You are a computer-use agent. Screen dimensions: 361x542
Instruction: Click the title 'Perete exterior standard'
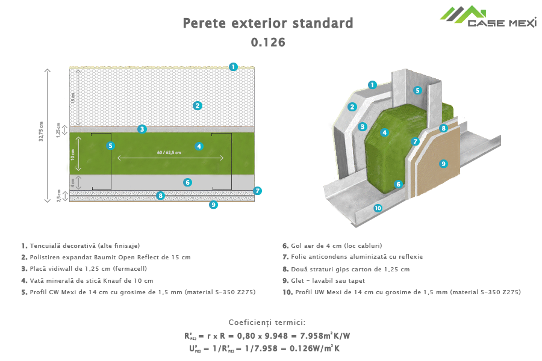click(x=267, y=24)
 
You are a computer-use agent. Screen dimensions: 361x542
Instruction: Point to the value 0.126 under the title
click(x=267, y=42)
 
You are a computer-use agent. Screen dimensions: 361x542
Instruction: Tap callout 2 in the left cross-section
click(x=197, y=105)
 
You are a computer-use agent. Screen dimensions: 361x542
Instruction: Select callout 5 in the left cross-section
click(x=110, y=146)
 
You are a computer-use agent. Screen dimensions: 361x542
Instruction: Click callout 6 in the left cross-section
click(x=187, y=182)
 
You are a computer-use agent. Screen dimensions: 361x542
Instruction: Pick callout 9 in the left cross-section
click(x=213, y=205)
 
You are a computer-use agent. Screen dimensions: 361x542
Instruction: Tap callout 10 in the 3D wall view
click(x=378, y=208)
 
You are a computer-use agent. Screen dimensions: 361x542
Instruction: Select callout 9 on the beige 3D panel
click(x=443, y=163)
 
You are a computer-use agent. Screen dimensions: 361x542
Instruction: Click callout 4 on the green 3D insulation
click(x=384, y=132)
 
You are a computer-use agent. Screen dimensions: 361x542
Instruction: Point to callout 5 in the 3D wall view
click(x=416, y=90)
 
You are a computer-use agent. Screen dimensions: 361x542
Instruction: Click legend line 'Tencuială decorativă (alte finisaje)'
click(x=81, y=246)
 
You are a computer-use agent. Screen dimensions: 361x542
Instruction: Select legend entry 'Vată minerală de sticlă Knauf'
click(x=87, y=280)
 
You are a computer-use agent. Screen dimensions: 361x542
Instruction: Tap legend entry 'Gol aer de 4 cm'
click(x=332, y=246)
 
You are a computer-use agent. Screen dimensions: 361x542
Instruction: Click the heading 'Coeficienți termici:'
click(x=267, y=323)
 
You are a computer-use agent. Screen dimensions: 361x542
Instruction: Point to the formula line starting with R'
click(x=267, y=336)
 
